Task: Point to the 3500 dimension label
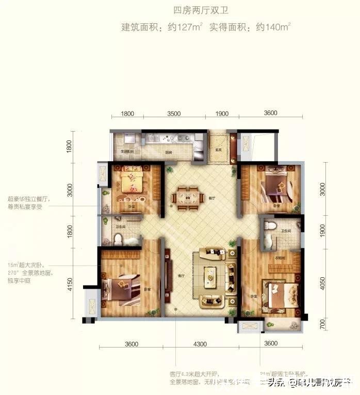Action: tap(173, 114)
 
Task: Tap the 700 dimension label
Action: tap(323, 324)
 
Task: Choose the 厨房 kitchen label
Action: tap(168, 152)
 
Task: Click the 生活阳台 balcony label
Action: tap(127, 152)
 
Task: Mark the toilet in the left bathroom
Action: tap(118, 239)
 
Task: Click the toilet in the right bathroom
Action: tap(269, 226)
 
